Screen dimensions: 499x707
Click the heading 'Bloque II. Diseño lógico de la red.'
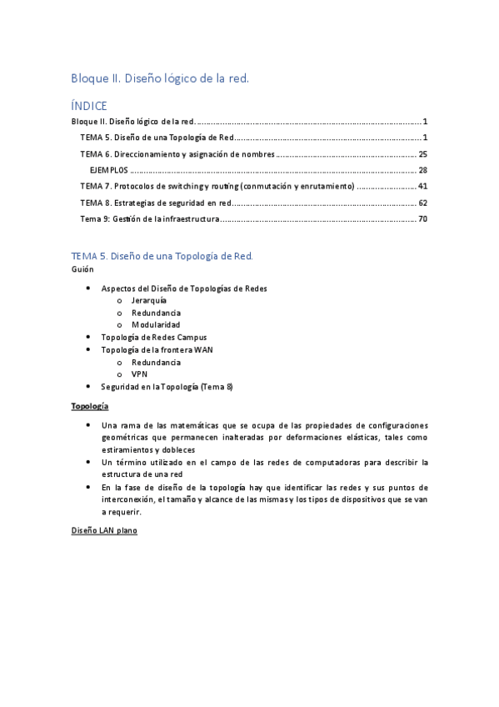click(160, 78)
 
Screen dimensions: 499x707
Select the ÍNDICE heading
click(89, 106)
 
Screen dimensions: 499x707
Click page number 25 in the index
click(422, 154)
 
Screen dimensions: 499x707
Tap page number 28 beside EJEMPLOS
click(422, 170)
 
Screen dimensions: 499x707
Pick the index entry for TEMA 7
click(217, 186)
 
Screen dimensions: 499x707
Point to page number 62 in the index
click(422, 203)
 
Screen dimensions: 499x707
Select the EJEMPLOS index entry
click(109, 170)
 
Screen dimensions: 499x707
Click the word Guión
click(82, 269)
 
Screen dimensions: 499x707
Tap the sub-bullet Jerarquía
click(149, 300)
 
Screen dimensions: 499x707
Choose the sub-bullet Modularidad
click(156, 324)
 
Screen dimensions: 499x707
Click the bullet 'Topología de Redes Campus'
click(153, 337)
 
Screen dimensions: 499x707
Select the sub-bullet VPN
click(139, 374)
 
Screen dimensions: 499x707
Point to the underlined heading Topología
click(90, 405)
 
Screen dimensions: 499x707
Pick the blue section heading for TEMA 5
click(163, 255)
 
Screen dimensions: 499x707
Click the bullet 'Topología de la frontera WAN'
click(157, 349)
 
